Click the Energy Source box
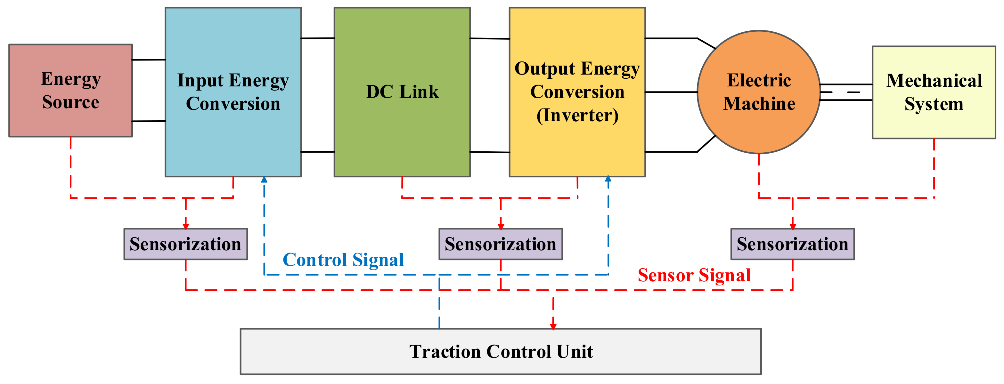coord(70,90)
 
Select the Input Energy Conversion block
coord(233,92)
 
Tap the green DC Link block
coord(402,92)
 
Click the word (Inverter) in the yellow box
coord(577,115)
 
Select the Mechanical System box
coord(934,92)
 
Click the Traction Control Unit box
coord(501,351)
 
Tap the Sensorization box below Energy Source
coord(185,244)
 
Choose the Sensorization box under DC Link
coord(501,244)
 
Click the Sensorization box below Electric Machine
coord(792,244)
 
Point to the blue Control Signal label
coord(343,260)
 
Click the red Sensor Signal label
coord(694,275)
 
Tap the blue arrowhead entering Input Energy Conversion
coord(264,179)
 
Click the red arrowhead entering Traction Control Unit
coord(553,326)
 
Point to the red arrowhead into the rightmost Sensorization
coord(792,226)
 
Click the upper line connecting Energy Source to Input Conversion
coord(149,60)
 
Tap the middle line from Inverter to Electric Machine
coord(671,92)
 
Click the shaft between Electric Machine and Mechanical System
coord(846,92)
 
